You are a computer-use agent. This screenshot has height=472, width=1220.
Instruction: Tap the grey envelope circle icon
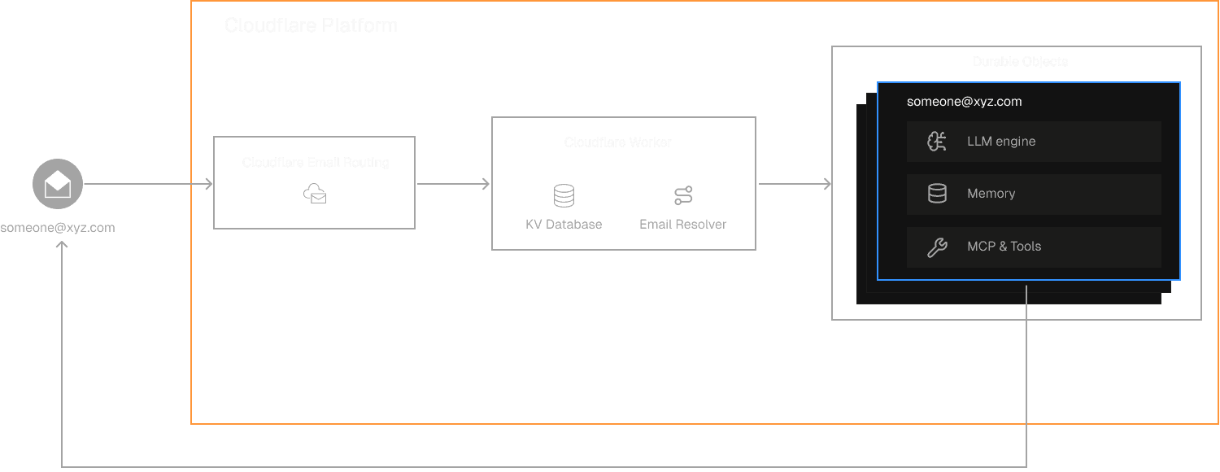pyautogui.click(x=58, y=185)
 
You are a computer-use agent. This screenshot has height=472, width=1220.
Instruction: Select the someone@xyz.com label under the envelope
pyautogui.click(x=58, y=227)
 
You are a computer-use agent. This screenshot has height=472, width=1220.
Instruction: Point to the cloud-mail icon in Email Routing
pyautogui.click(x=315, y=194)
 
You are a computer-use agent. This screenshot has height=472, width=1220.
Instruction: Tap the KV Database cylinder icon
pyautogui.click(x=564, y=196)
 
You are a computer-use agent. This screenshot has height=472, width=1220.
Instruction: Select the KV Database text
pyautogui.click(x=564, y=224)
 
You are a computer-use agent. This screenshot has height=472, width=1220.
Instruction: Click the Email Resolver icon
pyautogui.click(x=683, y=196)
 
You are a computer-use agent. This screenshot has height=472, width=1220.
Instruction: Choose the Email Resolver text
pyautogui.click(x=683, y=224)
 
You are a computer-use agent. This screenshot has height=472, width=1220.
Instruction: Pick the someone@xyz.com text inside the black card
pyautogui.click(x=964, y=102)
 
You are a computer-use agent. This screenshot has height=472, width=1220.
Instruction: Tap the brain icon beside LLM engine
pyautogui.click(x=937, y=142)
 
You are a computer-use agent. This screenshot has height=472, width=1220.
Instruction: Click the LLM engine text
pyautogui.click(x=1001, y=142)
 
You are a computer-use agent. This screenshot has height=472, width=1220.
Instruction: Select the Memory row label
pyautogui.click(x=991, y=194)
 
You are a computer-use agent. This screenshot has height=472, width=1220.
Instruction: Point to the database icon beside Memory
pyautogui.click(x=937, y=194)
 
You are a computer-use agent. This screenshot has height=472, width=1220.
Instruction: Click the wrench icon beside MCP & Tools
pyautogui.click(x=937, y=247)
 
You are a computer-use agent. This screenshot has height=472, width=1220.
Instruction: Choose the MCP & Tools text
pyautogui.click(x=1004, y=247)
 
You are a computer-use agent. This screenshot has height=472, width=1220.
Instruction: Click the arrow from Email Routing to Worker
pyautogui.click(x=453, y=185)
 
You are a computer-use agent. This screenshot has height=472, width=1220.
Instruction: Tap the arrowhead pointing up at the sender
pyautogui.click(x=62, y=245)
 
